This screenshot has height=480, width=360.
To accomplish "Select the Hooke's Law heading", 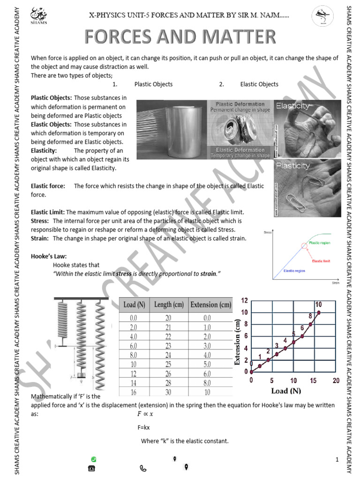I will (x=49, y=256).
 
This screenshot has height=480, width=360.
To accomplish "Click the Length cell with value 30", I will (x=169, y=392).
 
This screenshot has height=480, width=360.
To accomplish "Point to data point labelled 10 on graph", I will (x=319, y=312).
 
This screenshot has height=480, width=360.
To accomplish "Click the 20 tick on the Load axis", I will (x=336, y=381).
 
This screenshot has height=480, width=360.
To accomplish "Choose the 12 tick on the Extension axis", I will (x=244, y=300).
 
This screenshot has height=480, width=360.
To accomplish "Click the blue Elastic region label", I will (x=294, y=271).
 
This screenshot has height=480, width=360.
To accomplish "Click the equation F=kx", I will (x=143, y=427).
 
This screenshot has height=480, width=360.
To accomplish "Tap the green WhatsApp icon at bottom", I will (x=94, y=458).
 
